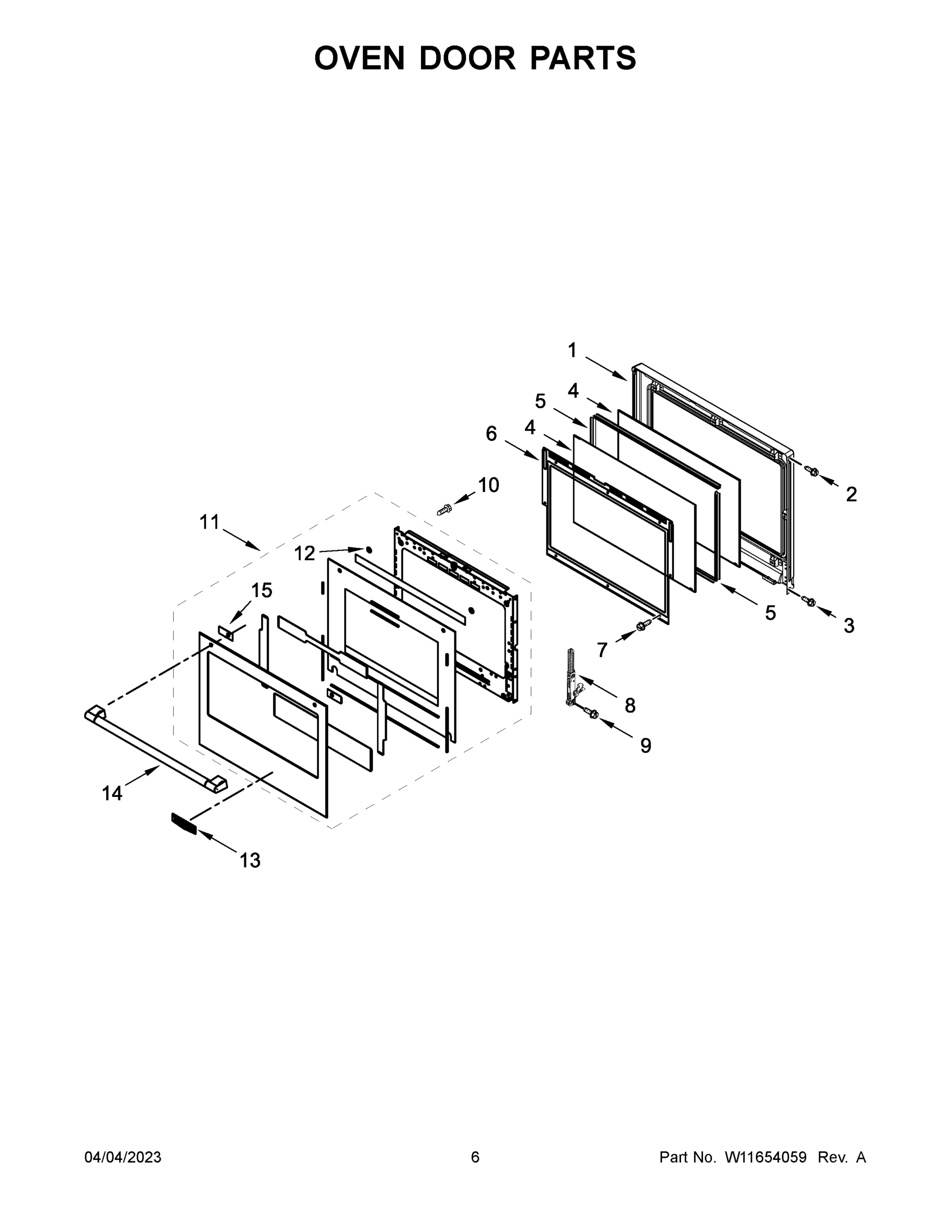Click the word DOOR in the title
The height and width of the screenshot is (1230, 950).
coord(467,58)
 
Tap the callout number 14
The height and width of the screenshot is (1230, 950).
coord(112,793)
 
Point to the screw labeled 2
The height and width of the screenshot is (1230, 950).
coord(812,470)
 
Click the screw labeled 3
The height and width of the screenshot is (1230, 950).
coord(810,602)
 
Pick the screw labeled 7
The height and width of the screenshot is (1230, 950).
coord(643,625)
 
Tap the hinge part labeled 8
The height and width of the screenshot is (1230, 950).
coord(573,676)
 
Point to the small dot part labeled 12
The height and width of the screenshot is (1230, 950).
coord(369,548)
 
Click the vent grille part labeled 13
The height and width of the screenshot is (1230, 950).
coord(184,824)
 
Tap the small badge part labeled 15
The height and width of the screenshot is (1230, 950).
coord(226,632)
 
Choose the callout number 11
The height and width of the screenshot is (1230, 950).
coord(209,522)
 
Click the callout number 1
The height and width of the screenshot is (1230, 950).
coord(572,351)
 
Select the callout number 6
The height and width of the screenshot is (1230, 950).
coord(491,434)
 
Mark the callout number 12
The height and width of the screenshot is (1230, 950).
coord(305,553)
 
